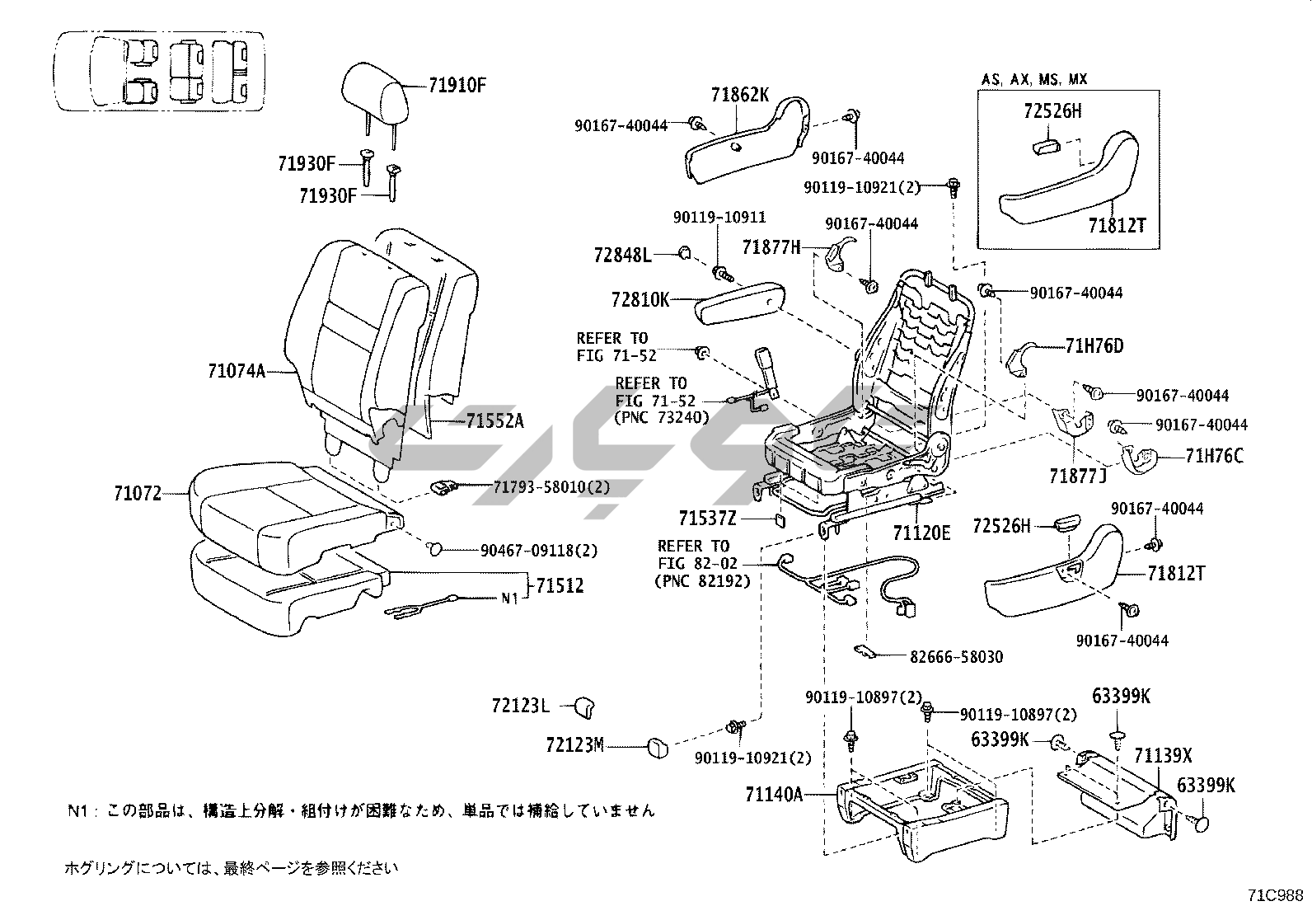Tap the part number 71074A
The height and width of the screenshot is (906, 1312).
pos(237,371)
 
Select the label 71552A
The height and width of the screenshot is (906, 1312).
pos(494,421)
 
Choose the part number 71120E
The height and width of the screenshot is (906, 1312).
pos(921,533)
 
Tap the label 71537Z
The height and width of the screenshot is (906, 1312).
pos(707,518)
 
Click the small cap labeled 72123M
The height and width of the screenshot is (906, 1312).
pos(658,747)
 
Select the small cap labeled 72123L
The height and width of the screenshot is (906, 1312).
pos(584,706)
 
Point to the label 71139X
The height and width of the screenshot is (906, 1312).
pos(1163,756)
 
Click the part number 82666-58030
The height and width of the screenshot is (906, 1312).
pos(957,657)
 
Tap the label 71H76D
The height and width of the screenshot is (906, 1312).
pos(1094,346)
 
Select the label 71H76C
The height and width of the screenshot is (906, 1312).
pos(1214,455)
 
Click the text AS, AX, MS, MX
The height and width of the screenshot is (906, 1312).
pos(1033,80)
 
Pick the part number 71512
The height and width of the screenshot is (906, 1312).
pos(560,586)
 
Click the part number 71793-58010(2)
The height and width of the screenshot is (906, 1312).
pos(552,486)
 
